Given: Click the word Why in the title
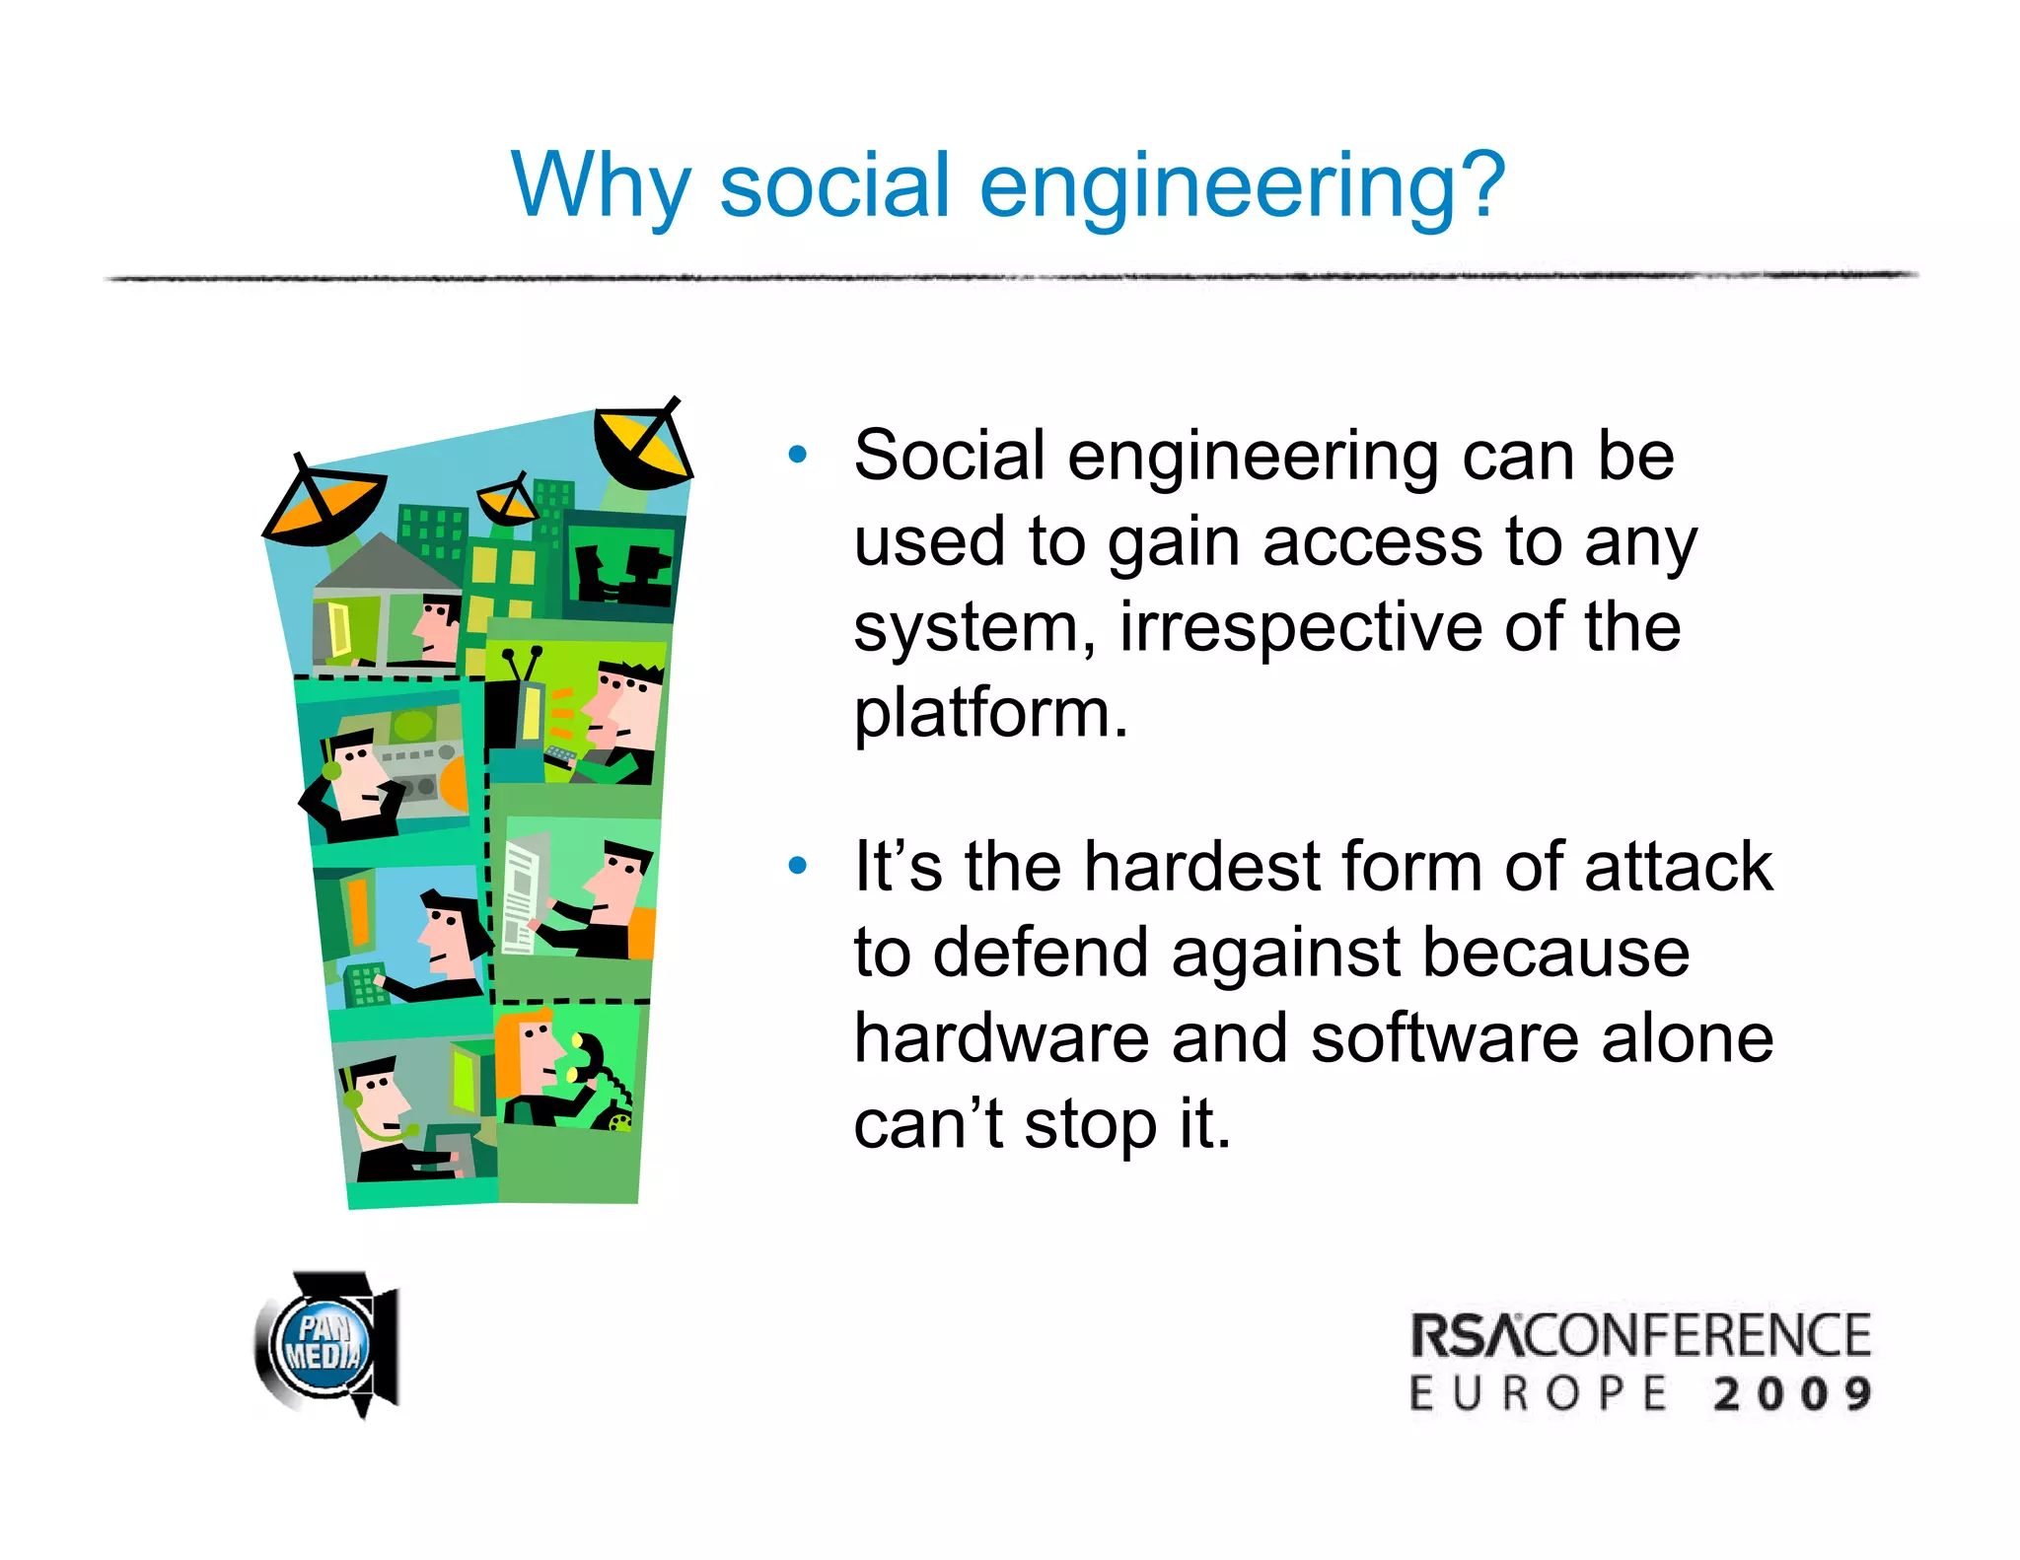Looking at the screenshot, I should point(601,187).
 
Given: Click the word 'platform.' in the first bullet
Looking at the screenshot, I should point(990,713).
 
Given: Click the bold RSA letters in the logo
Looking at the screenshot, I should point(1468,1335).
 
